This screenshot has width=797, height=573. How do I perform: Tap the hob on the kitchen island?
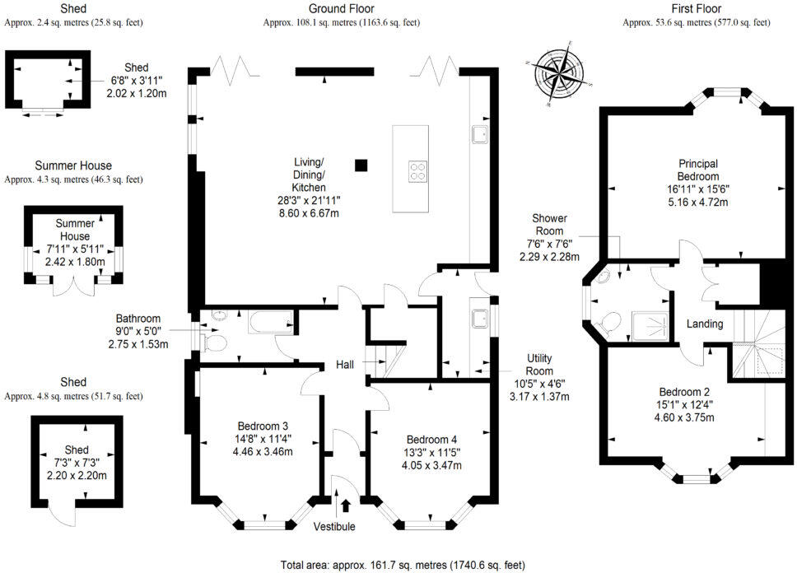418,171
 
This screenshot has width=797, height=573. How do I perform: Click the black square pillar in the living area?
361,165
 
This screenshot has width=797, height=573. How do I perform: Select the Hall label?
346,365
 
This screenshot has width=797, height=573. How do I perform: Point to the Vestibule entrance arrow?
345,505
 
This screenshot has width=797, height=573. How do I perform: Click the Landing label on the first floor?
706,324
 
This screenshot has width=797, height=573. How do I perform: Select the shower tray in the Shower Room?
649,326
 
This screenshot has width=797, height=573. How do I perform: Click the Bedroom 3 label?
260,426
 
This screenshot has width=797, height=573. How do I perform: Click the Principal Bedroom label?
698,170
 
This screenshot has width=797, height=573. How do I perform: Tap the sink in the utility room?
478,318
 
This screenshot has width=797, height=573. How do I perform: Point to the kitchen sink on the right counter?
479,134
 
